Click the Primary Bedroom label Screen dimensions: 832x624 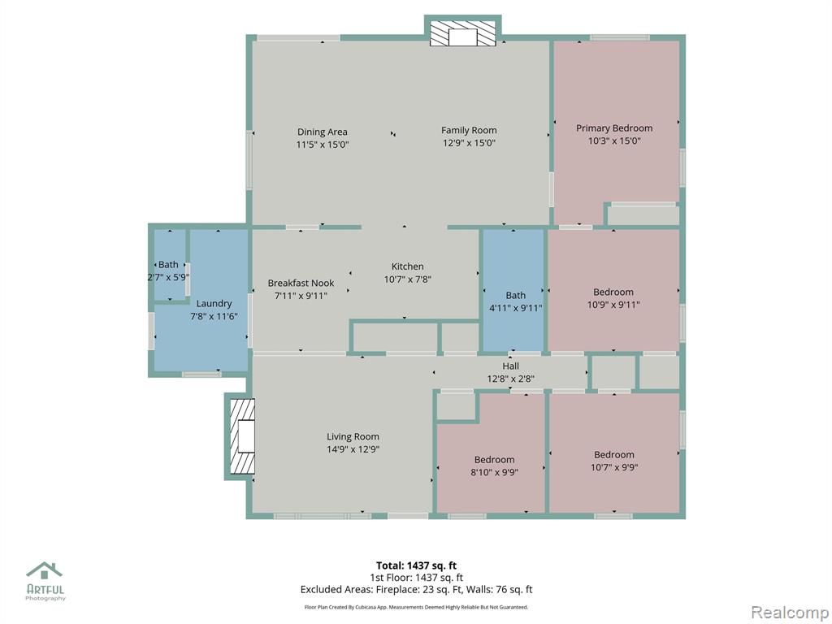614,128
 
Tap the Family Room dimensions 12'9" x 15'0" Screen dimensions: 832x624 469,143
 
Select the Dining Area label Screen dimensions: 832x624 322,132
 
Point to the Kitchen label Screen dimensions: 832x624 408,266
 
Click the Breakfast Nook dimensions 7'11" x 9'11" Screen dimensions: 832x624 301,296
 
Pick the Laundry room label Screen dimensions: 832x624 214,304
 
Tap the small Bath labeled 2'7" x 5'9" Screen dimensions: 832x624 168,264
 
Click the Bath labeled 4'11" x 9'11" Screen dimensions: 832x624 515,295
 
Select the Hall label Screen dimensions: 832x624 510,366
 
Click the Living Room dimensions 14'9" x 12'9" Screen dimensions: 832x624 353,449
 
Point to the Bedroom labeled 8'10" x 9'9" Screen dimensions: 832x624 494,460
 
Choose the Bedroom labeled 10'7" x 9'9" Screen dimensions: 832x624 614,454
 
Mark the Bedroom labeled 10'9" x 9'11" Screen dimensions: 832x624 613,292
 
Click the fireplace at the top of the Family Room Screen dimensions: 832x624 462,32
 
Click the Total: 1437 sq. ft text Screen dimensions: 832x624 416,565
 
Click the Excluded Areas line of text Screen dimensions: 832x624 416,590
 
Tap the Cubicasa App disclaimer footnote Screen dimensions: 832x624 416,607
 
